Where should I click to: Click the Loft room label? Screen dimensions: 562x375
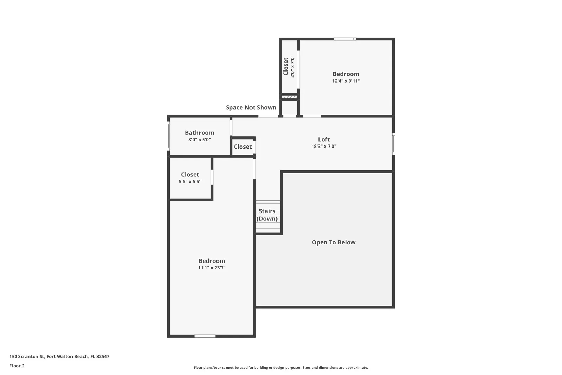click(324, 139)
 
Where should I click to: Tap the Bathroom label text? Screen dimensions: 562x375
click(199, 132)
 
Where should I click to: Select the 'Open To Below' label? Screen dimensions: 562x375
click(333, 242)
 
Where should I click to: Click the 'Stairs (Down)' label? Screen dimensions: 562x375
click(267, 215)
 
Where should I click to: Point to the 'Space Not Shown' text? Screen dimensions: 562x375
click(251, 107)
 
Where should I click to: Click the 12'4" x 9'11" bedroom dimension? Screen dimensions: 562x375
click(346, 81)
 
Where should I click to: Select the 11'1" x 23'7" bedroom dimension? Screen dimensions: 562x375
click(212, 267)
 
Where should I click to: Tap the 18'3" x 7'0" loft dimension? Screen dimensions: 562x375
click(324, 146)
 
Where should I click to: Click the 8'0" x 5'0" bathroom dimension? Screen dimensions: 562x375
click(199, 139)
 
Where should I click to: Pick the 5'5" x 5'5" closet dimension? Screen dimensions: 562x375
click(190, 181)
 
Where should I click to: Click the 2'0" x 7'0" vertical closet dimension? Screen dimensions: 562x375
click(292, 67)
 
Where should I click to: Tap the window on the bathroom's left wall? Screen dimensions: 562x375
click(168, 136)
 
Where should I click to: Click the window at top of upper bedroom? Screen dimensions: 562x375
click(345, 39)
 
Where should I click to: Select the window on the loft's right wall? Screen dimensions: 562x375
click(394, 144)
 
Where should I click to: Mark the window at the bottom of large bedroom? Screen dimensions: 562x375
click(205, 336)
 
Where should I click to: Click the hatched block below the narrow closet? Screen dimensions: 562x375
click(289, 97)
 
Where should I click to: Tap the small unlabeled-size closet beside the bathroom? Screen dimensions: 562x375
click(242, 147)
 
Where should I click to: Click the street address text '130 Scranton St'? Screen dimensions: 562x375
click(27, 356)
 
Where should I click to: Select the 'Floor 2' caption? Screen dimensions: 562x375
click(17, 366)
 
